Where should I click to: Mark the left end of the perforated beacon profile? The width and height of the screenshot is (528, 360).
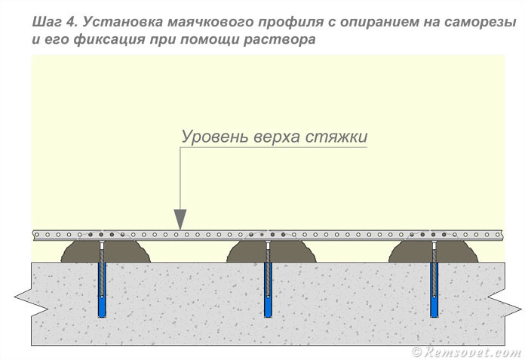35,235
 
